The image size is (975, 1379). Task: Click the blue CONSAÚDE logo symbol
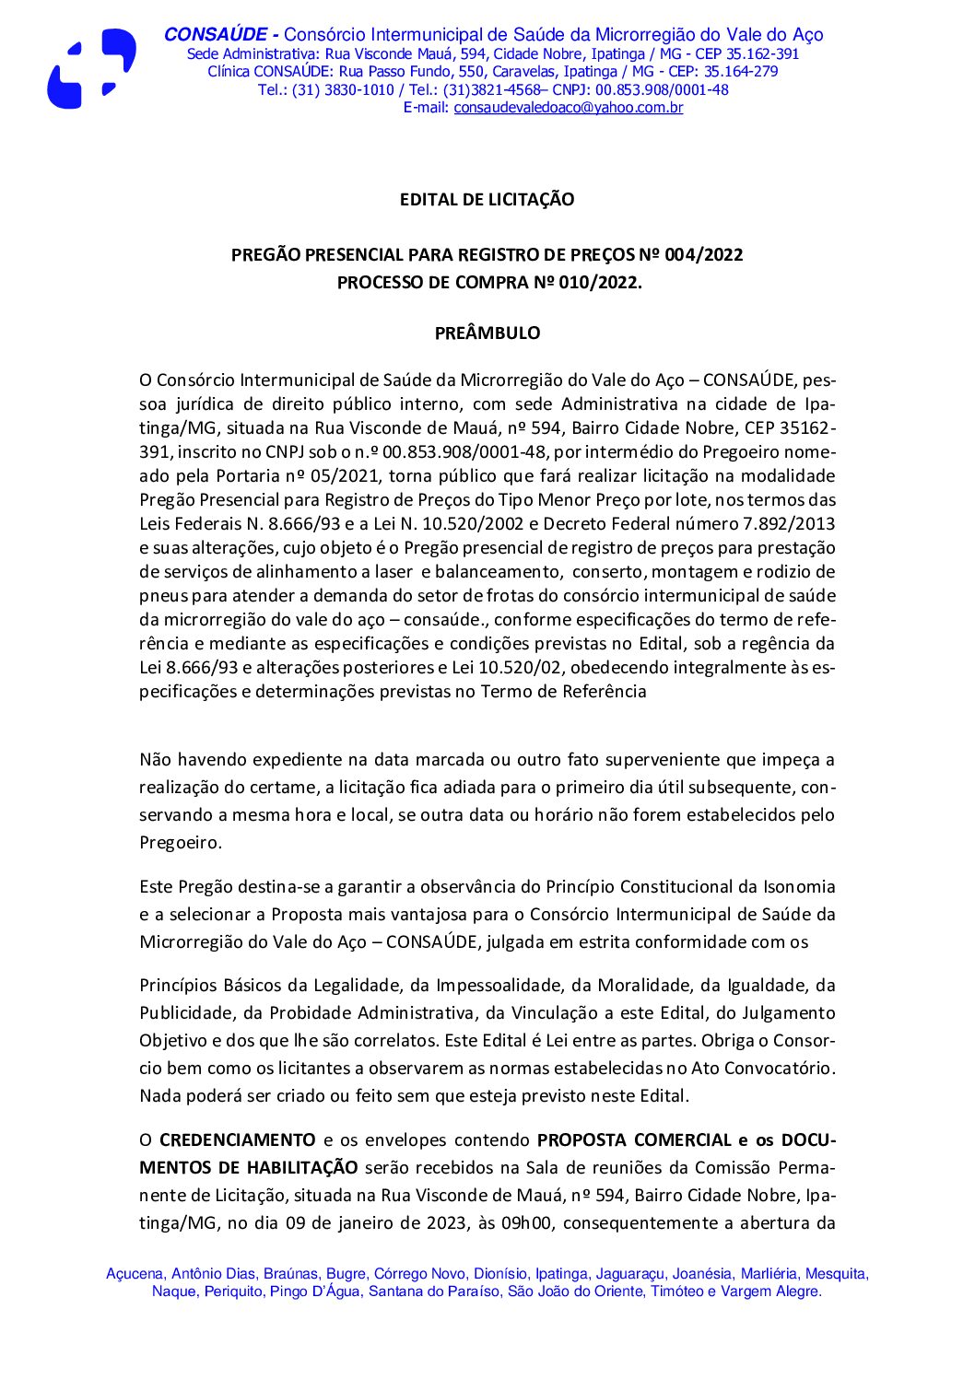click(90, 69)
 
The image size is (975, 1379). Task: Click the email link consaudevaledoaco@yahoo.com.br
click(568, 108)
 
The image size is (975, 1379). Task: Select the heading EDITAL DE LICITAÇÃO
click(487, 200)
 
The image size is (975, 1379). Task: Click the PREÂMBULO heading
click(487, 333)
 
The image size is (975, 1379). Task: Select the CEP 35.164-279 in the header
click(741, 72)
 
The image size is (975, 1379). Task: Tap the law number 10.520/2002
click(485, 524)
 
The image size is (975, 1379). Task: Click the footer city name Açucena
click(135, 1274)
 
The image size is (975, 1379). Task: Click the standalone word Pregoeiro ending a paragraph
click(179, 843)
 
